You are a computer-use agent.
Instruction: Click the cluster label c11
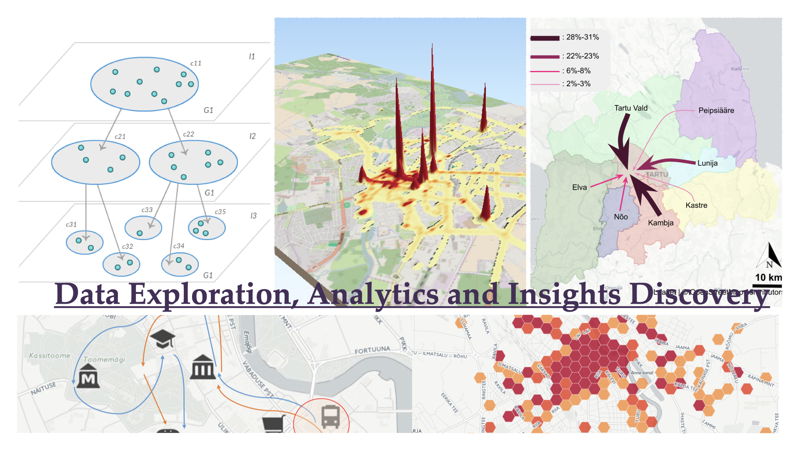point(196,63)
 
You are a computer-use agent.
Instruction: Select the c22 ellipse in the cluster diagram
point(193,162)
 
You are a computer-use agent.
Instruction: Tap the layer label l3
point(253,216)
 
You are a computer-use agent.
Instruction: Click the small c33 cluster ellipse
point(143,228)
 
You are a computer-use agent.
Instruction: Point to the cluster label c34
point(179,246)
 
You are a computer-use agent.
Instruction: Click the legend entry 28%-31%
point(582,37)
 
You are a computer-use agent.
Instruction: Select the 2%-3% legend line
point(545,85)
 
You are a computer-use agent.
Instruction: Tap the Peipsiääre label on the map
point(716,110)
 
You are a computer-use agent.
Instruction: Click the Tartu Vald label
point(631,108)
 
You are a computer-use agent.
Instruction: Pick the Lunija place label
point(707,163)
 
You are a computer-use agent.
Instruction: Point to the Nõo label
point(621,217)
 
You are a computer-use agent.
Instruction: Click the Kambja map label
point(660,222)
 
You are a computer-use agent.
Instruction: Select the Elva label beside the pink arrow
point(579,187)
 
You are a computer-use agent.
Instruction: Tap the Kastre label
point(696,205)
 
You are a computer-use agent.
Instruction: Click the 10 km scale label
point(768,277)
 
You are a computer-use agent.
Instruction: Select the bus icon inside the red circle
point(330,417)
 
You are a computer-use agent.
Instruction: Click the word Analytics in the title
point(373,294)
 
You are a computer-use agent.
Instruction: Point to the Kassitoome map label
point(50,355)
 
